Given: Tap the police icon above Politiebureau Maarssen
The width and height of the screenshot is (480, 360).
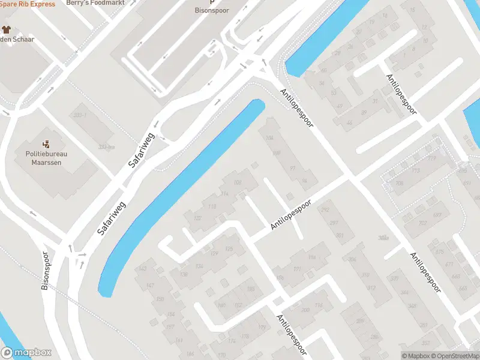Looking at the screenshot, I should [x=46, y=144].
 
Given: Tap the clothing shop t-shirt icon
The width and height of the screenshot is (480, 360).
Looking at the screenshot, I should [x=7, y=29].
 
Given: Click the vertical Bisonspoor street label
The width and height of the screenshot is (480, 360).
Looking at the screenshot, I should [x=46, y=270].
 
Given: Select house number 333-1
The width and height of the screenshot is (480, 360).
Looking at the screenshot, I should [x=79, y=115].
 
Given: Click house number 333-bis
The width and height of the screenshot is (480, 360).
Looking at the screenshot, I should [x=106, y=146].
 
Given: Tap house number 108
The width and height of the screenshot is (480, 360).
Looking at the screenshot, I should [x=237, y=182].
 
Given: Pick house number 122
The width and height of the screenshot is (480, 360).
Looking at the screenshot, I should [x=197, y=218].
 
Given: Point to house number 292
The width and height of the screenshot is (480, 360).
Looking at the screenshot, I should [x=326, y=210].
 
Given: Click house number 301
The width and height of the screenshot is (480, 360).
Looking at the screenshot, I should [x=340, y=235].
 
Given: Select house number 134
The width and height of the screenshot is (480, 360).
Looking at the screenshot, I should [x=199, y=266].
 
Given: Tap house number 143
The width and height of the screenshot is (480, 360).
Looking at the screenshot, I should [x=142, y=268].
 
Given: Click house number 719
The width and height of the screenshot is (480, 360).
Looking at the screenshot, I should [x=432, y=158].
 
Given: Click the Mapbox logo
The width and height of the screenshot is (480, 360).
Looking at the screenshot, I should [x=26, y=353].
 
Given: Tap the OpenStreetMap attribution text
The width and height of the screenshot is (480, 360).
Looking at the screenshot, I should [x=457, y=356].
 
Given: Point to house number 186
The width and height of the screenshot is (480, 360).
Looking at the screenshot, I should [x=280, y=277].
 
